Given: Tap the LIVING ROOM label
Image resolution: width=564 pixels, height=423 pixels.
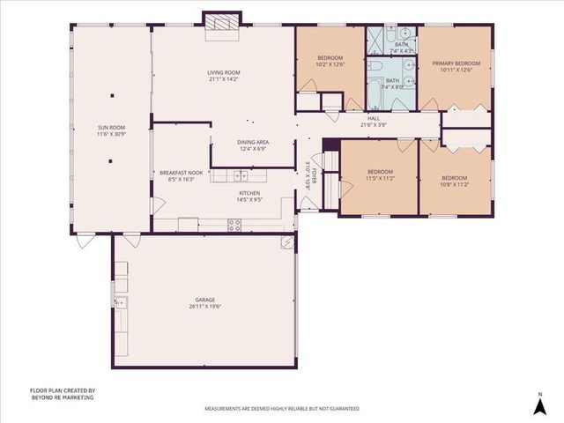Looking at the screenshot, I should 224,72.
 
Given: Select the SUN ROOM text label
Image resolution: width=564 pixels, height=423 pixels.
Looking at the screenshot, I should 111,129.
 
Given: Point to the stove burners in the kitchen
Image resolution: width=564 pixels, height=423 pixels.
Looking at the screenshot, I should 235,225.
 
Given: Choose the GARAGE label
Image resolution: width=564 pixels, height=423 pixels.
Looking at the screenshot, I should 205,300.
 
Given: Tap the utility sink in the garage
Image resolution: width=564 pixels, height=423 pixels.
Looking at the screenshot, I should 122,303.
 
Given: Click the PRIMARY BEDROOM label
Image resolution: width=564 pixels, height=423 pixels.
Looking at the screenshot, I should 456,63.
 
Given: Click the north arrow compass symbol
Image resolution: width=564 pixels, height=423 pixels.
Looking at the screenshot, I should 539,404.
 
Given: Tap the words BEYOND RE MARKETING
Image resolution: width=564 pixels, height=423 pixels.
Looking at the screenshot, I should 62,397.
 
